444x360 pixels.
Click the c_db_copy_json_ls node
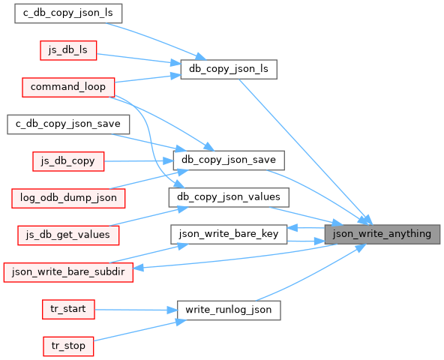(x=68, y=13)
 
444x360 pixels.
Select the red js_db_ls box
(x=68, y=50)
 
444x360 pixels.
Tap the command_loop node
(x=68, y=87)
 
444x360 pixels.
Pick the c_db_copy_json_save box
(x=68, y=124)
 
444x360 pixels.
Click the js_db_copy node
(x=68, y=161)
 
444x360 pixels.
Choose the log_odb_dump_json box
(x=68, y=198)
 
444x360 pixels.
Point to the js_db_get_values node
(x=68, y=235)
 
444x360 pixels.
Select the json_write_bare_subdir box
(x=68, y=272)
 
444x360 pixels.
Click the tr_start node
(x=68, y=309)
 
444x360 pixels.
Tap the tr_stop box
(x=68, y=346)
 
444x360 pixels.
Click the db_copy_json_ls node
(x=229, y=70)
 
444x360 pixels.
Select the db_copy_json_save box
(x=229, y=160)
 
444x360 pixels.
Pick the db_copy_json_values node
(x=229, y=197)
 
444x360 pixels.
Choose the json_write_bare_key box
(x=229, y=234)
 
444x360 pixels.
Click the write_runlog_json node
(x=229, y=310)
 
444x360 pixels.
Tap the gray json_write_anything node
(x=382, y=234)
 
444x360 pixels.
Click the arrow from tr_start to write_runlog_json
(x=136, y=310)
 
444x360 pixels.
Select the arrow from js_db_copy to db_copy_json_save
(x=139, y=161)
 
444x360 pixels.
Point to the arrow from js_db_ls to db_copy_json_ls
(x=139, y=58)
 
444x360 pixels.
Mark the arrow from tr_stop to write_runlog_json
(x=139, y=331)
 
